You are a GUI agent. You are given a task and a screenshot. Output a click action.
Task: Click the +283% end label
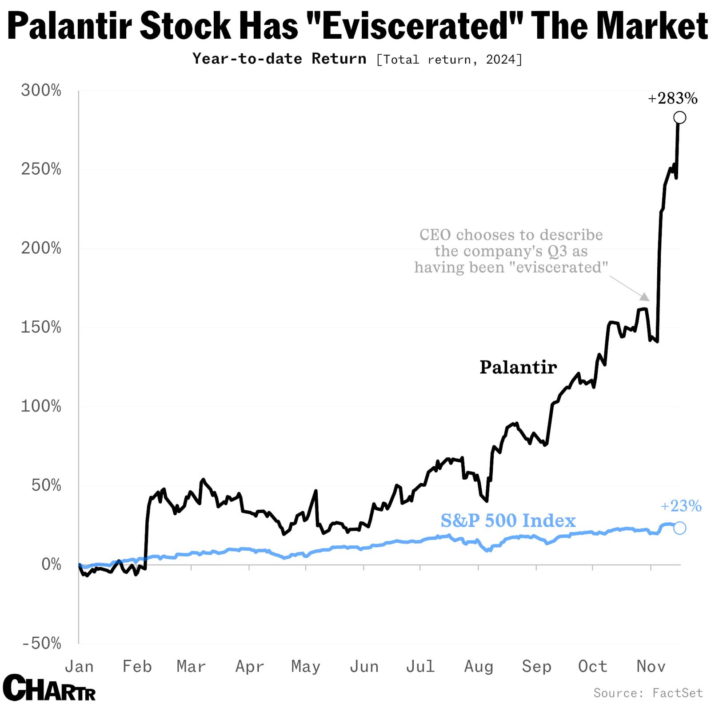pos(672,98)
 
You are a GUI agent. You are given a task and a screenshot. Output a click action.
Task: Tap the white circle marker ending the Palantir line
pos(679,118)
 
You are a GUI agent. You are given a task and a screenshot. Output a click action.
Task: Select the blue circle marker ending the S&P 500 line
pos(679,528)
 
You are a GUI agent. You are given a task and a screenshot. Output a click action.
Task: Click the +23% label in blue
pos(681,506)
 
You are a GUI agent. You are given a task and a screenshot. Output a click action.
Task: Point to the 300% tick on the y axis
pos(41,91)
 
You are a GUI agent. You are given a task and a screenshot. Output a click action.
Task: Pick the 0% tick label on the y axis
pos(51,564)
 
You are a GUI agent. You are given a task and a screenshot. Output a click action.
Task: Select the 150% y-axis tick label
pos(41,328)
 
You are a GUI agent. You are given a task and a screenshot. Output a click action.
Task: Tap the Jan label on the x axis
pos(79,666)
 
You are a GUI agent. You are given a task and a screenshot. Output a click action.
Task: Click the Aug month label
pos(479,666)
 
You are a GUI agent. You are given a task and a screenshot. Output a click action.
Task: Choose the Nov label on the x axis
pos(651,666)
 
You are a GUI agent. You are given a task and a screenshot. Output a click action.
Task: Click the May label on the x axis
pos(306,666)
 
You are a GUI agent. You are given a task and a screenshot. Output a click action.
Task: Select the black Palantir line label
pos(518,367)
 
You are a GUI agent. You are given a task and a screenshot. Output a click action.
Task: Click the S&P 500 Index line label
pos(508,520)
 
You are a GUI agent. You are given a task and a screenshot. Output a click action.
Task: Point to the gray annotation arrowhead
pos(645,296)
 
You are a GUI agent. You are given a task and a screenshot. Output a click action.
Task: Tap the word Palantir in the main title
pos(70,26)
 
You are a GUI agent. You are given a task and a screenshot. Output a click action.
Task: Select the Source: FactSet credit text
pos(648,692)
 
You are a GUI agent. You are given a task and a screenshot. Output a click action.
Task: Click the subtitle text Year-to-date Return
pos(279,59)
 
